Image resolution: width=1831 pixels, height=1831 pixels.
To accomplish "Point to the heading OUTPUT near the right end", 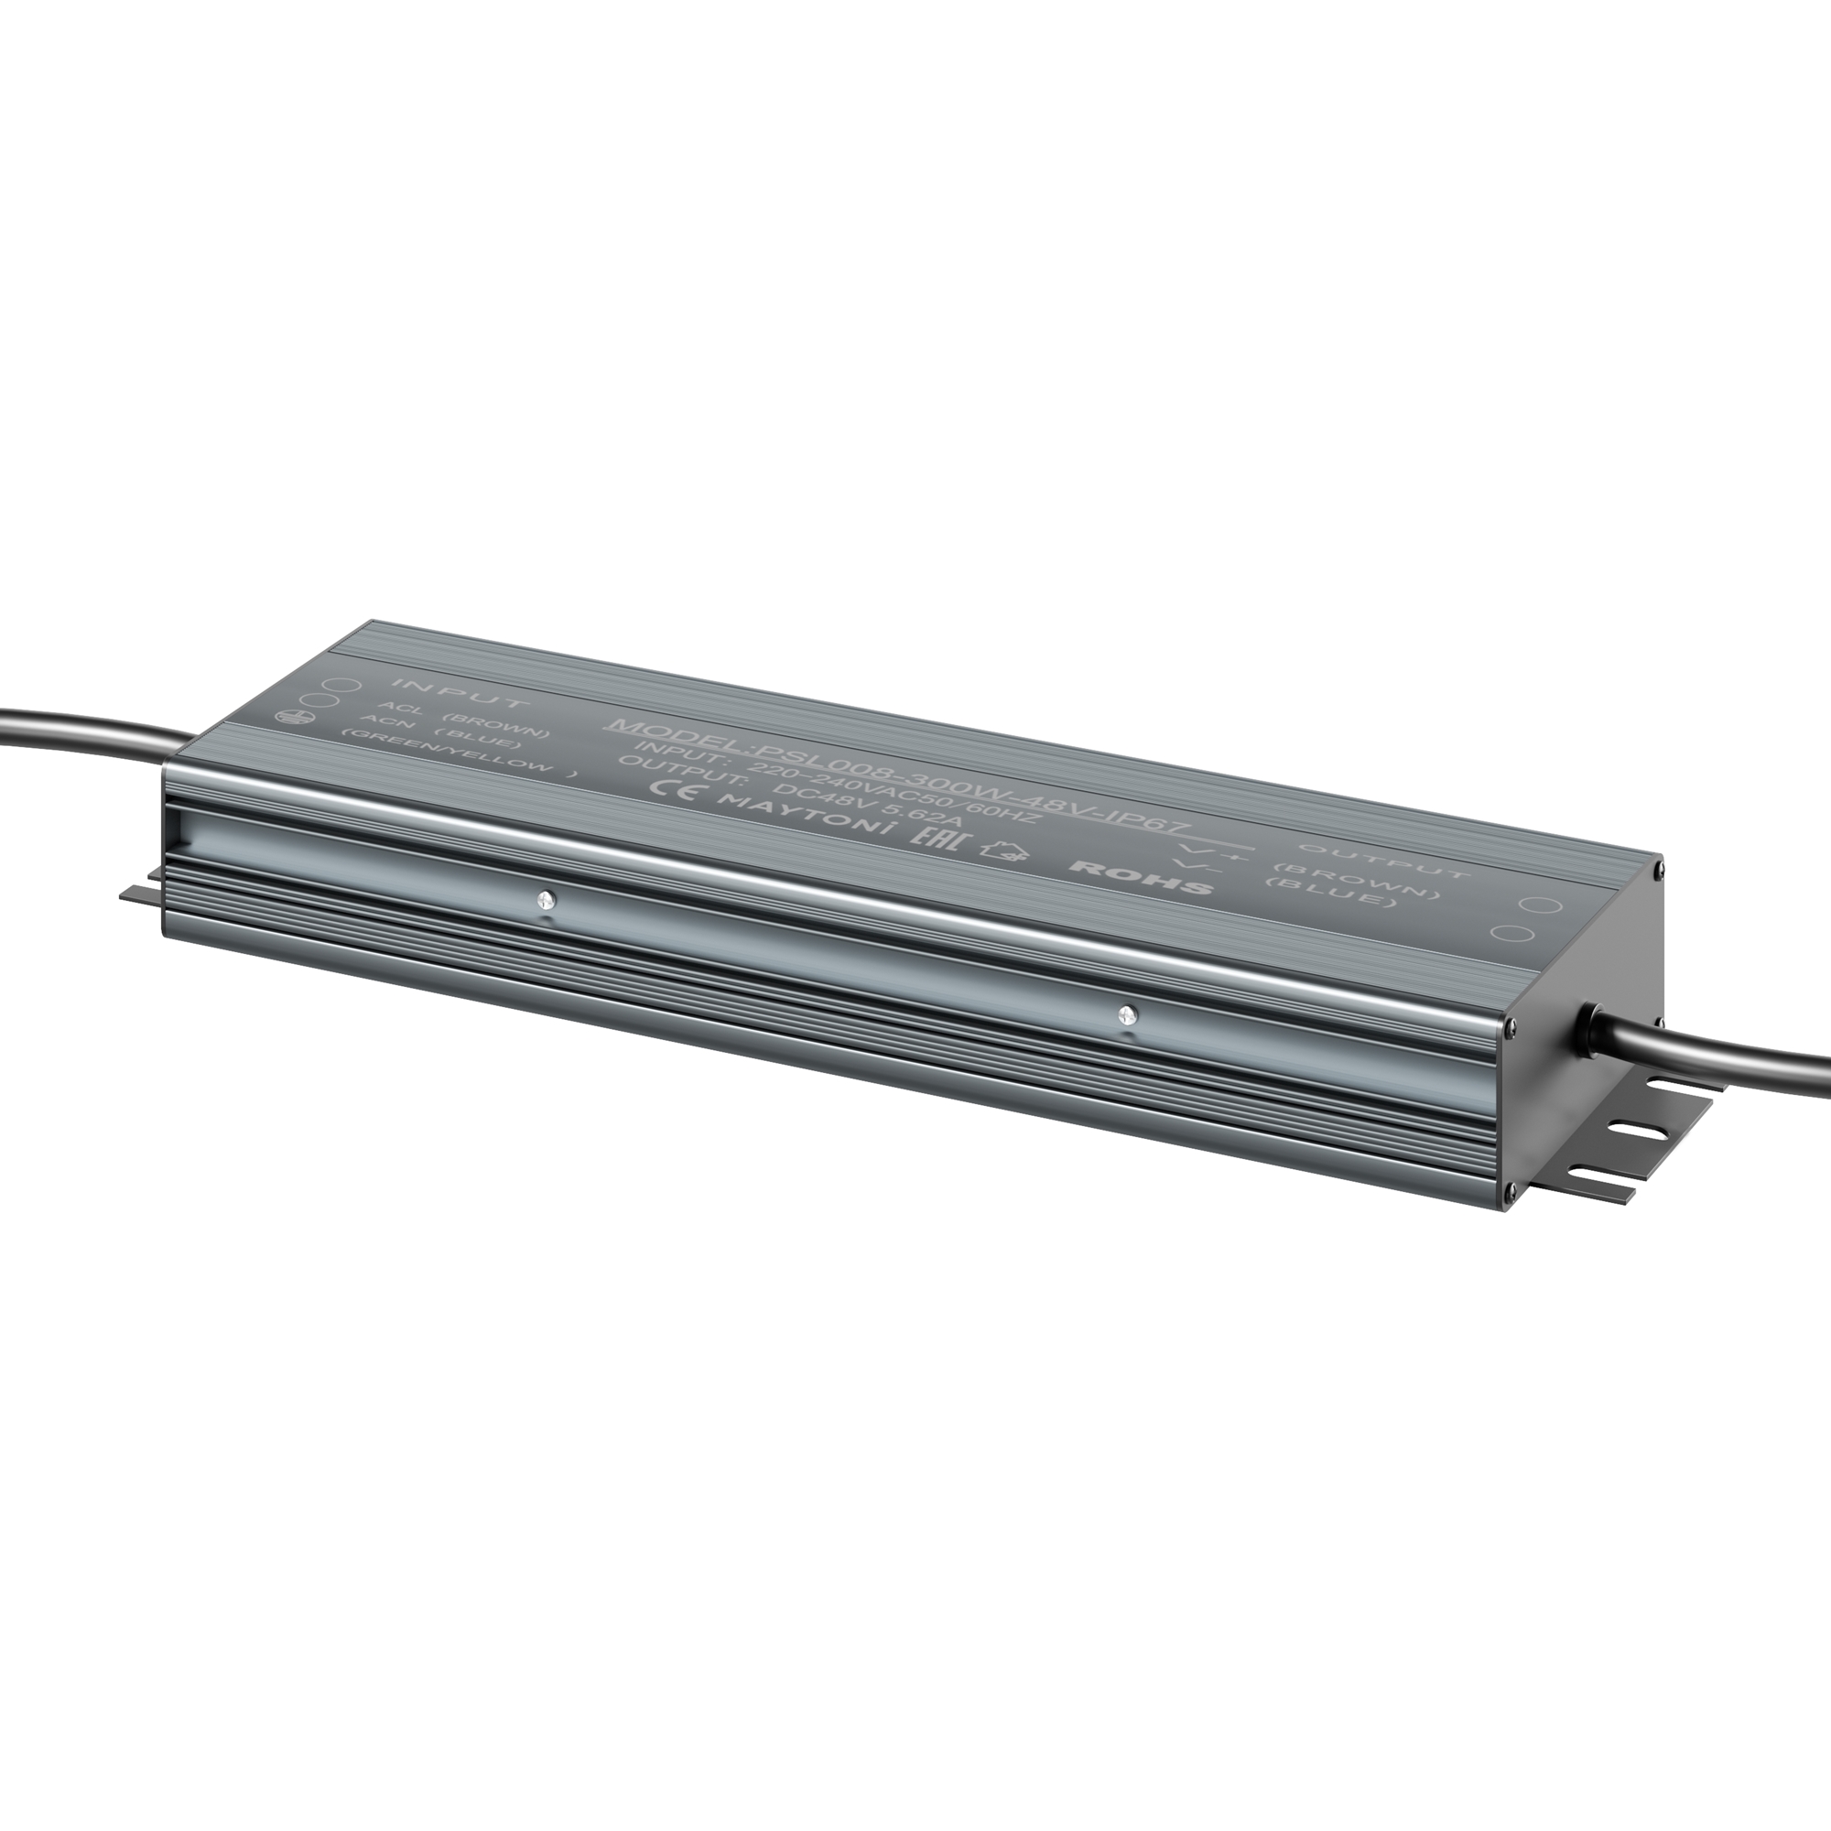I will (x=1383, y=861).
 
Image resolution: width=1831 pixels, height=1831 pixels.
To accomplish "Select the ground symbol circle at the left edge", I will (x=287, y=720).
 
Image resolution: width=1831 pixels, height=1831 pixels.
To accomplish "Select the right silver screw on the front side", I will (x=1126, y=1015).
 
